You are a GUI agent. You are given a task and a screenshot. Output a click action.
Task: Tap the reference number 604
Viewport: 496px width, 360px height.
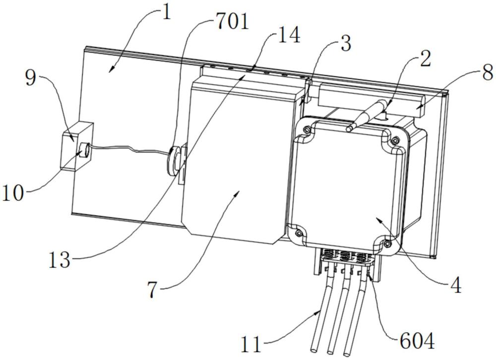click(417, 342)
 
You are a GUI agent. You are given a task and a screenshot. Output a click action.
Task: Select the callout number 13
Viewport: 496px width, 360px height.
click(59, 260)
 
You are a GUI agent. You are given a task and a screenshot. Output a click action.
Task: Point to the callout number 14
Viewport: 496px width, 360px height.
click(289, 35)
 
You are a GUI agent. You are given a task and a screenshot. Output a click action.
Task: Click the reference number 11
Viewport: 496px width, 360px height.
click(251, 344)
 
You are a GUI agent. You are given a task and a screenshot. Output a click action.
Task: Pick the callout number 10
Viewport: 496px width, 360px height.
click(13, 193)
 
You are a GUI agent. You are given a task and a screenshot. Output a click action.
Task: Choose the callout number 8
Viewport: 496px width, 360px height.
click(488, 72)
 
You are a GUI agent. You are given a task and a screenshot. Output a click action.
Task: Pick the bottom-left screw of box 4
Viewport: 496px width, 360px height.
click(298, 233)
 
